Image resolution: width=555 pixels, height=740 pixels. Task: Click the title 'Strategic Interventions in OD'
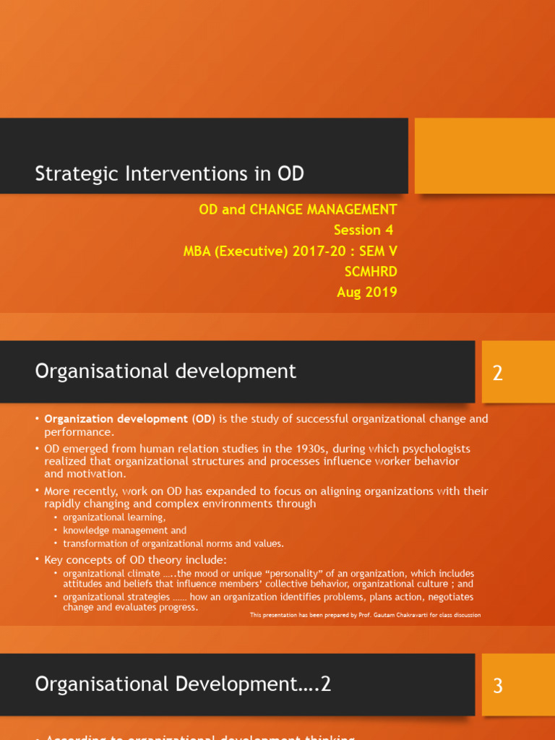click(170, 174)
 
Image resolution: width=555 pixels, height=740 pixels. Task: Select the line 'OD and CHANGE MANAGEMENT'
click(298, 210)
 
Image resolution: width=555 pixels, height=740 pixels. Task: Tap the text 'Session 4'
click(365, 230)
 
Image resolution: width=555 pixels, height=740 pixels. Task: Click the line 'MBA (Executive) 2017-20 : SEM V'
click(291, 251)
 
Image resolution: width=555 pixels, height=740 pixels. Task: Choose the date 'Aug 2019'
click(366, 292)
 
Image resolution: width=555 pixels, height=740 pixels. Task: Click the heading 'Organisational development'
click(165, 371)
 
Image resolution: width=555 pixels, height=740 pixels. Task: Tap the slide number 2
click(497, 374)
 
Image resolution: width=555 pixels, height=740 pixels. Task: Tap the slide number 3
click(497, 685)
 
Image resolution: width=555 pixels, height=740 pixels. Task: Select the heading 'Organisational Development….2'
click(183, 684)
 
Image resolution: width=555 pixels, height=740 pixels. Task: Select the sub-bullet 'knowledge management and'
click(124, 530)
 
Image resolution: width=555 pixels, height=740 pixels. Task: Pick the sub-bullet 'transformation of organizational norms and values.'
click(173, 543)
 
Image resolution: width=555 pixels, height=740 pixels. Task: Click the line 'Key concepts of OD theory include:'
click(135, 559)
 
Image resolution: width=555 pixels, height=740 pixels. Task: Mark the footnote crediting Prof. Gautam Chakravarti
click(365, 615)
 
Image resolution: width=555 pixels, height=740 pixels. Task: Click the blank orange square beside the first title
click(484, 155)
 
